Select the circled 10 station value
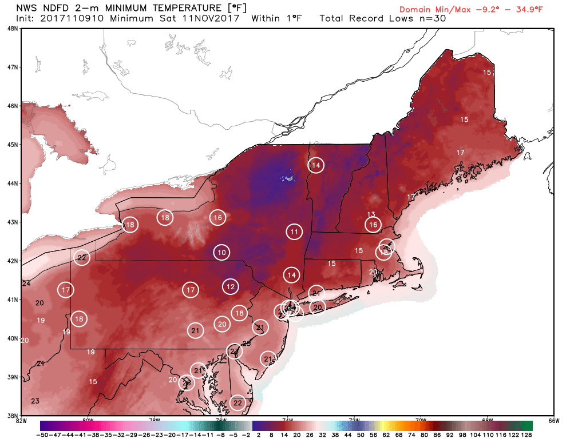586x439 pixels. [x=222, y=252]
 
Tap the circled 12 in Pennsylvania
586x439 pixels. [x=230, y=286]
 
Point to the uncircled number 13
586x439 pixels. [x=371, y=214]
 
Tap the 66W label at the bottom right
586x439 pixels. [x=553, y=421]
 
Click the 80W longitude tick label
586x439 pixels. [x=88, y=421]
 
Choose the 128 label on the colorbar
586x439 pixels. [x=526, y=435]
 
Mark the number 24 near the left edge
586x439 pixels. [x=26, y=284]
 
